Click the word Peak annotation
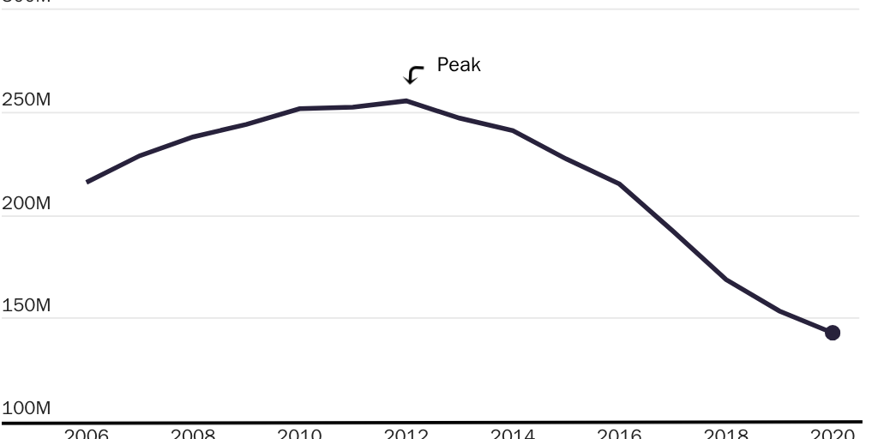(459, 65)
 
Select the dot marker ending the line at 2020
(832, 333)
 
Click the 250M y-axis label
(27, 100)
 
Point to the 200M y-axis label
(27, 203)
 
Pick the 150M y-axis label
(27, 306)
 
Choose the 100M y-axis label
(27, 408)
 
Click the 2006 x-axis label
(87, 433)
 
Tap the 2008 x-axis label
(193, 433)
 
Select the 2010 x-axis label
(299, 433)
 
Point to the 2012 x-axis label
(406, 433)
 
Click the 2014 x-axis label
(512, 433)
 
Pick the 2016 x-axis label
(619, 433)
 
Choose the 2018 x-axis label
(725, 433)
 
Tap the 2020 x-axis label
(832, 433)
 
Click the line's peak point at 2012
(406, 101)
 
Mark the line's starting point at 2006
(87, 182)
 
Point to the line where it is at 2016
(619, 184)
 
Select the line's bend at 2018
(725, 280)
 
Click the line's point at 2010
(299, 109)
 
